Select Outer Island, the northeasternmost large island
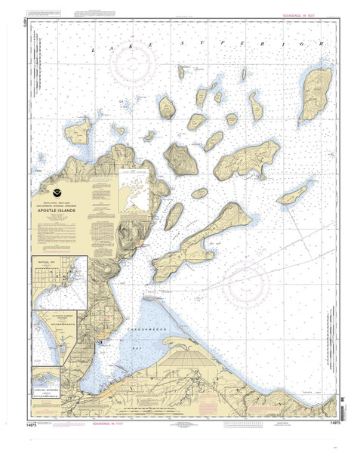pyautogui.click(x=311, y=97)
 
